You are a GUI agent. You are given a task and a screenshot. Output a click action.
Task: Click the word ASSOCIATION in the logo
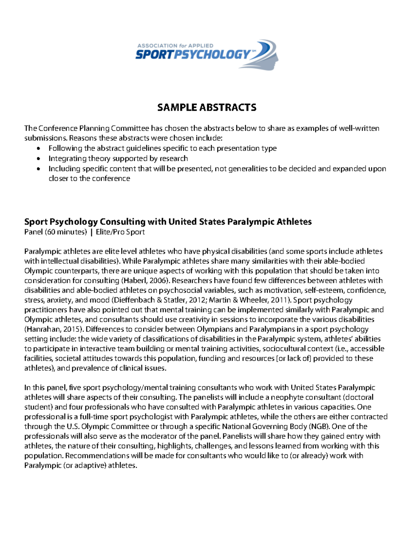tap(157, 45)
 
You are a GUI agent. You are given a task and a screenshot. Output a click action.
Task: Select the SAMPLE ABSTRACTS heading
tap(207, 107)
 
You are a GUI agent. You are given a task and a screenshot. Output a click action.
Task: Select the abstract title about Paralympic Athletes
tap(168, 222)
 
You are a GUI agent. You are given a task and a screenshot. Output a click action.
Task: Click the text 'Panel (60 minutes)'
tap(55, 232)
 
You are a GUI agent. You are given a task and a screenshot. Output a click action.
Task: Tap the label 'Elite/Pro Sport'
tap(120, 232)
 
